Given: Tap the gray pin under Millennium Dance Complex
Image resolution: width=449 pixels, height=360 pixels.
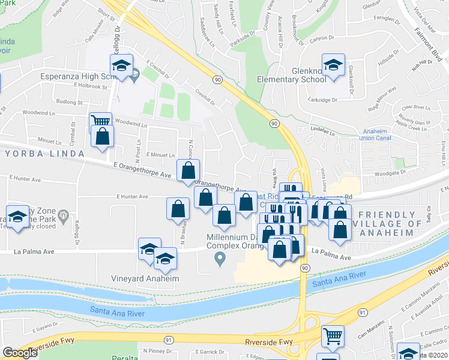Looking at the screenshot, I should (220, 259).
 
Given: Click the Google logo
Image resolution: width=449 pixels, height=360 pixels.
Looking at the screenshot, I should (20, 353).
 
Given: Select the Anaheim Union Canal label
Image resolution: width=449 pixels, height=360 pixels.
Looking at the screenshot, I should (376, 135).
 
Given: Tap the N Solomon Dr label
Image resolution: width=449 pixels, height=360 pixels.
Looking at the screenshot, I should (390, 337).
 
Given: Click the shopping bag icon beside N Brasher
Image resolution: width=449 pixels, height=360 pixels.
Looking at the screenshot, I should (178, 208).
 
